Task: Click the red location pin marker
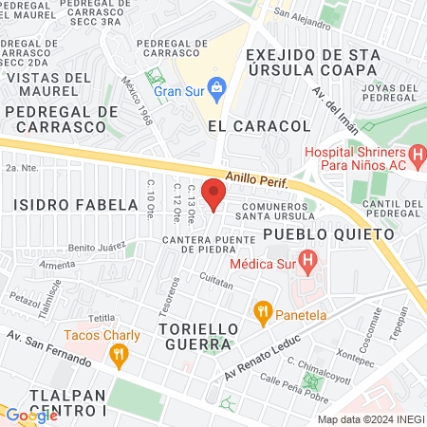pyautogui.click(x=214, y=195)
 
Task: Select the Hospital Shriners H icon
pyautogui.click(x=417, y=153)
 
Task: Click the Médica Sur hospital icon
pyautogui.click(x=307, y=258)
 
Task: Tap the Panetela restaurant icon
pyautogui.click(x=263, y=309)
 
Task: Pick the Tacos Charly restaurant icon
pyautogui.click(x=119, y=356)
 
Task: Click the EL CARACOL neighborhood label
pyautogui.click(x=259, y=125)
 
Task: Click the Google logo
pyautogui.click(x=30, y=415)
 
